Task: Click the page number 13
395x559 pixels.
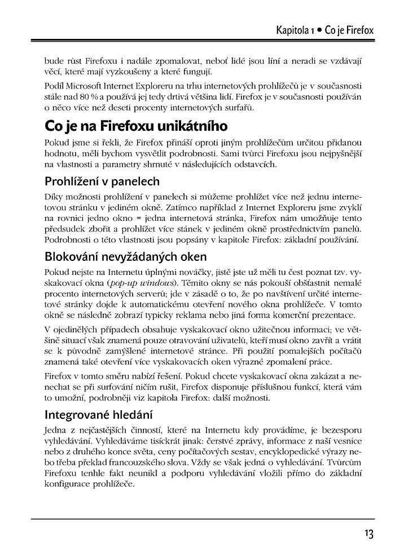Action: [x=369, y=534]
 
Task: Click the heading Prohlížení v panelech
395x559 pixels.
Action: [x=102, y=181]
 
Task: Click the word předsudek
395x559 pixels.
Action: [x=64, y=229]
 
